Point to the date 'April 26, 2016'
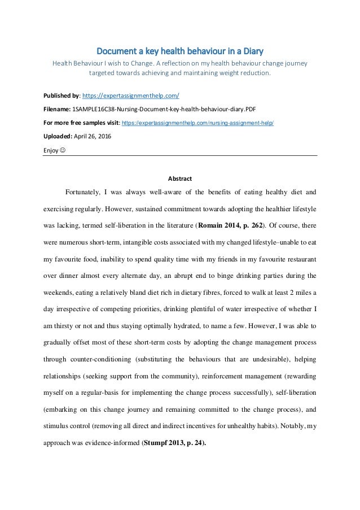(x=92, y=136)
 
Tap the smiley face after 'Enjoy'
(x=63, y=151)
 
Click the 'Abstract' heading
(x=180, y=179)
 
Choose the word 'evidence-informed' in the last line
(x=119, y=428)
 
